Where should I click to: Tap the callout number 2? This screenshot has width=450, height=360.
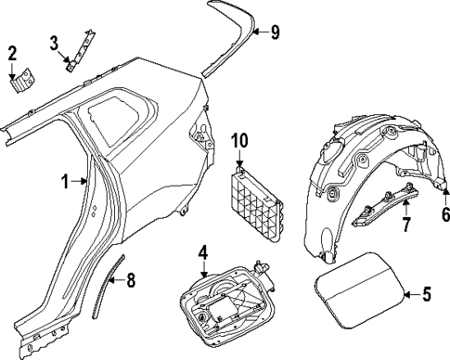coord(13,51)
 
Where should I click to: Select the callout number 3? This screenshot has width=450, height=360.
coord(54,42)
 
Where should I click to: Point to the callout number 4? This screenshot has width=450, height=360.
coord(202,251)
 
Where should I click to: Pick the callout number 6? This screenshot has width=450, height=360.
coord(444,214)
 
